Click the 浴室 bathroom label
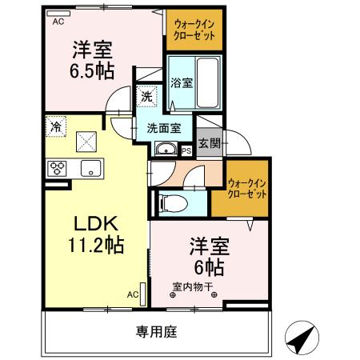tap(181, 82)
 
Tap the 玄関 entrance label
tap(210, 144)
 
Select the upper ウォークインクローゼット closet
tap(194, 30)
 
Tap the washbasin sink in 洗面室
tap(167, 147)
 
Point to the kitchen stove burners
tap(57, 169)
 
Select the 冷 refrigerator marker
tap(56, 126)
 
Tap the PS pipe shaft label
tap(186, 150)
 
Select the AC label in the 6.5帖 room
tap(58, 22)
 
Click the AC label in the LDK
tap(133, 294)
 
